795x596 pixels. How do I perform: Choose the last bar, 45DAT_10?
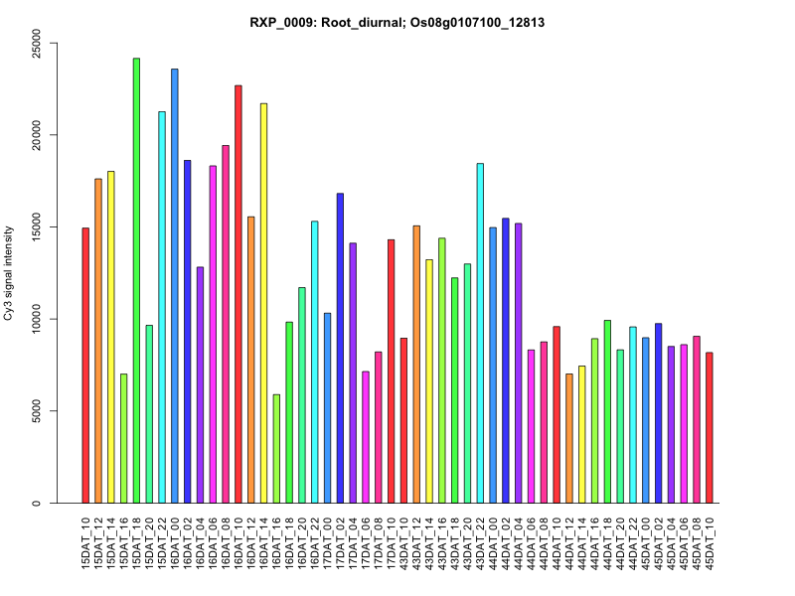coord(709,428)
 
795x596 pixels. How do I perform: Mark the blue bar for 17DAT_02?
coord(340,348)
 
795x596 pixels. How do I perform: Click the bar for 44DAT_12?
coord(568,438)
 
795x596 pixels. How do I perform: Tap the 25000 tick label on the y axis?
coord(41,43)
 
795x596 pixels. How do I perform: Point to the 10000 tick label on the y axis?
coord(41,319)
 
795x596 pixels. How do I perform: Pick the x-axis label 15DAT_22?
coord(163,541)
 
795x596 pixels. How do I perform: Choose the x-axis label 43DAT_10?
coord(404,541)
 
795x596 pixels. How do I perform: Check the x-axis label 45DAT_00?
coord(646,541)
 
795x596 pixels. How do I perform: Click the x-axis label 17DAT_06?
coord(366,541)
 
